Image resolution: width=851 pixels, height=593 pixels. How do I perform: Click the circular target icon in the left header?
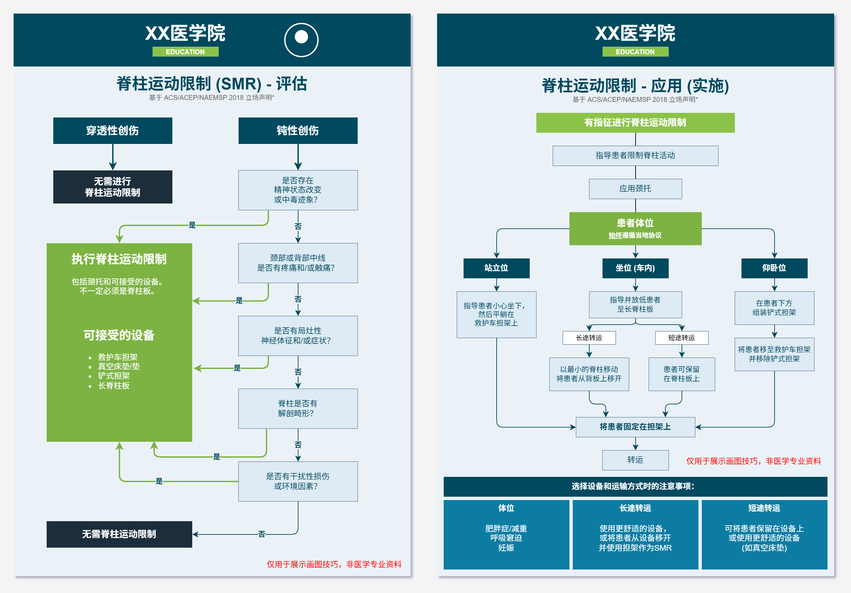coord(301,40)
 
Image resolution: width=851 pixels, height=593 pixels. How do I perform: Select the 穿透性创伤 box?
coord(113,130)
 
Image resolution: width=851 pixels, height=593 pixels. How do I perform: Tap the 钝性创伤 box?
coord(298,130)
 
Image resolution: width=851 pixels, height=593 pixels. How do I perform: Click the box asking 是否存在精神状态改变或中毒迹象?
coord(298,190)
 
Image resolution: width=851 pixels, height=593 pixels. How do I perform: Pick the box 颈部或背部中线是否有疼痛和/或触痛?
coord(298,263)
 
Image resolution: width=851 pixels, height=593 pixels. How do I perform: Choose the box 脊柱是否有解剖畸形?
coord(298,408)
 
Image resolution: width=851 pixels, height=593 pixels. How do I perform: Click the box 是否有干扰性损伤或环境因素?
coord(298,481)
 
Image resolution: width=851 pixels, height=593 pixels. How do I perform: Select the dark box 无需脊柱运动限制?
coord(119,534)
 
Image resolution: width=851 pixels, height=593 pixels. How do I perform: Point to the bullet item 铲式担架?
coord(114,376)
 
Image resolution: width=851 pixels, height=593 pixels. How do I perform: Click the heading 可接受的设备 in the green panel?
coord(119,335)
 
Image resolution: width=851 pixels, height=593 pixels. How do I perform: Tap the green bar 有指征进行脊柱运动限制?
coord(635,123)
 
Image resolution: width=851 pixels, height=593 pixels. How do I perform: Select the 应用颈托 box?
coord(635,189)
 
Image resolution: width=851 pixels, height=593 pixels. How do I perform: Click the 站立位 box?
coord(496,268)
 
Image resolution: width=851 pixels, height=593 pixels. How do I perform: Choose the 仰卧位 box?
coord(774,268)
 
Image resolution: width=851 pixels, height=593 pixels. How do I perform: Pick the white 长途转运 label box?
coord(589,338)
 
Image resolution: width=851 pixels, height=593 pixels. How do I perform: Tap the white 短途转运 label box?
coord(681,338)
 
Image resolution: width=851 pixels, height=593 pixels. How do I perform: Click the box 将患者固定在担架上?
coord(635,427)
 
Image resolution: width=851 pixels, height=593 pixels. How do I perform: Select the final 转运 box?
coord(635,460)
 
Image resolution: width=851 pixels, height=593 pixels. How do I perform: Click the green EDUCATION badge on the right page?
coord(635,52)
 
